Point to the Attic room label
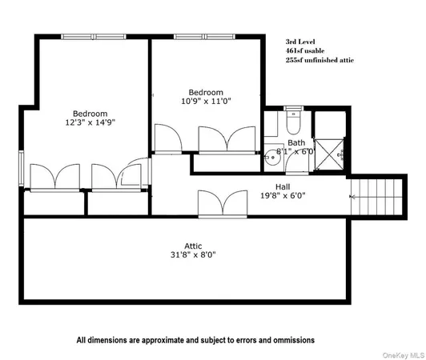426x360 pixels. tap(192, 246)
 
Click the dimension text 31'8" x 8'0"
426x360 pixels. tap(192, 255)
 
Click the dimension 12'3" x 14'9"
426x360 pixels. tap(90, 123)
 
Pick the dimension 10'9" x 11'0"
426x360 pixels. tap(205, 102)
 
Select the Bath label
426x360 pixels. tap(274, 143)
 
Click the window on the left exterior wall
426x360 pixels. tap(22, 164)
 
